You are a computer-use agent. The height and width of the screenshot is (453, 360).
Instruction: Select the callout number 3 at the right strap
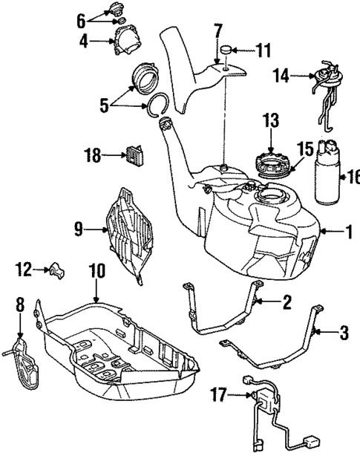pos(343,331)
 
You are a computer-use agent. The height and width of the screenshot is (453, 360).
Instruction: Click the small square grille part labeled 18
pos(134,154)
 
